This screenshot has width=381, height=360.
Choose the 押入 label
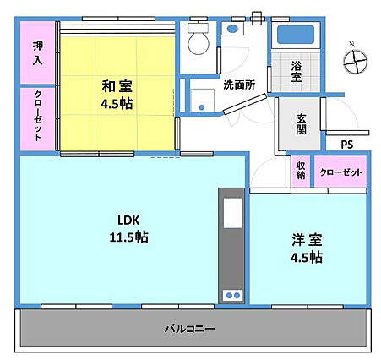(37, 54)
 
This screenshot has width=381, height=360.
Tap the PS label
(346, 145)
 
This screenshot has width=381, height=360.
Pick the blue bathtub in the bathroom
(295, 36)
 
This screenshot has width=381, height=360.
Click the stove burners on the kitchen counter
(231, 295)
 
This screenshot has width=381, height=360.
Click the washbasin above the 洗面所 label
(232, 29)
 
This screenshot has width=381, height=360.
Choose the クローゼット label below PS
(340, 172)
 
